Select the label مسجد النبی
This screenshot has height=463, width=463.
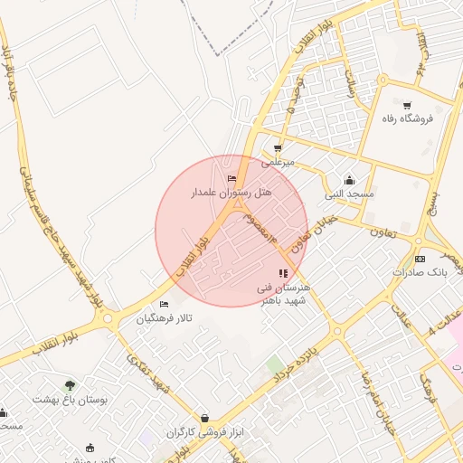[x=350, y=194]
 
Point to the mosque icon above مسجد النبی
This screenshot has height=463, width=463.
[x=350, y=180]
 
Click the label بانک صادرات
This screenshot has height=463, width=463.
[x=420, y=272]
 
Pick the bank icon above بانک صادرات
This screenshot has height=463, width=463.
[x=419, y=259]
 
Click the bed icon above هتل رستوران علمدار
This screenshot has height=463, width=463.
[x=232, y=179]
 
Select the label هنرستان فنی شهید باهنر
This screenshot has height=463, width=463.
[x=283, y=293]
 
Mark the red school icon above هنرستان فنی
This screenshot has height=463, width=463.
[x=283, y=273]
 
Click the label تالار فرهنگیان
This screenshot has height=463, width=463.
[x=165, y=318]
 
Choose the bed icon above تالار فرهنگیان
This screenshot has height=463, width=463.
[x=164, y=304]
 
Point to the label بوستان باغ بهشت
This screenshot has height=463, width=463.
[x=70, y=399]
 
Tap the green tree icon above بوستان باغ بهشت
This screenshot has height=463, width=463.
[x=70, y=385]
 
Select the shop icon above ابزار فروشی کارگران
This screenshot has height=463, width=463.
[x=205, y=418]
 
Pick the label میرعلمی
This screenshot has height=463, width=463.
[x=278, y=163]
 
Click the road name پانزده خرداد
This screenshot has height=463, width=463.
[x=295, y=360]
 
